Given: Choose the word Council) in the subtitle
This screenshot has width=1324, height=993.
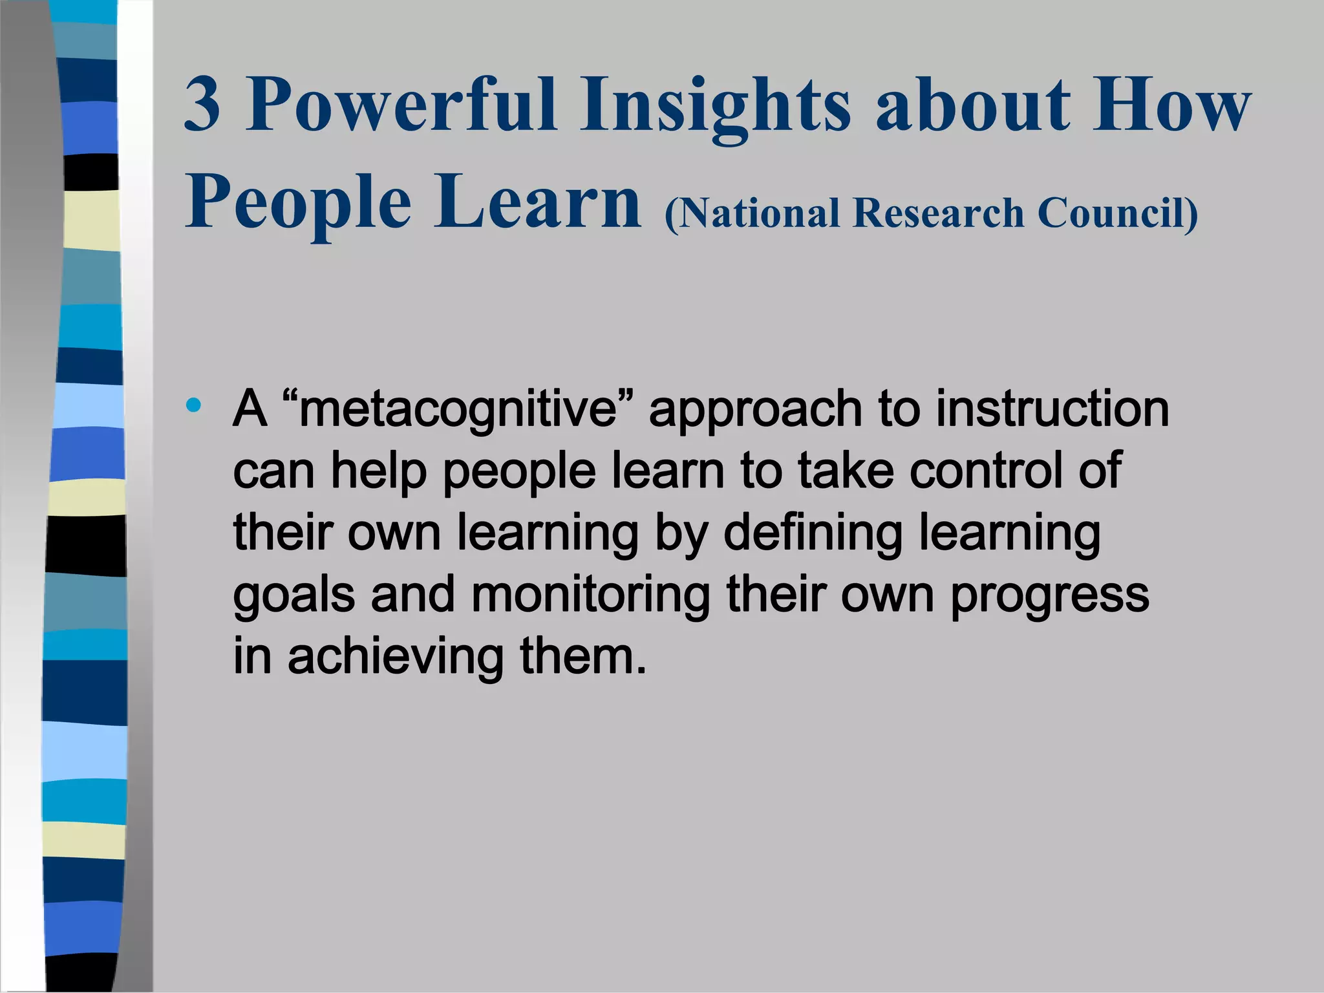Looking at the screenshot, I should coord(1118,214).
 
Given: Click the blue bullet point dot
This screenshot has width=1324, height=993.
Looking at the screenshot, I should coord(193,406).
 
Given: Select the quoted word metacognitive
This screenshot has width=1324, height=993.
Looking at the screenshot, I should coord(458,410).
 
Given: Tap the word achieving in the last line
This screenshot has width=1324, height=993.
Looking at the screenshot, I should coord(395,657).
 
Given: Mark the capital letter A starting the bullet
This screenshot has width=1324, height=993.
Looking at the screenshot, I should coord(250,409).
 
